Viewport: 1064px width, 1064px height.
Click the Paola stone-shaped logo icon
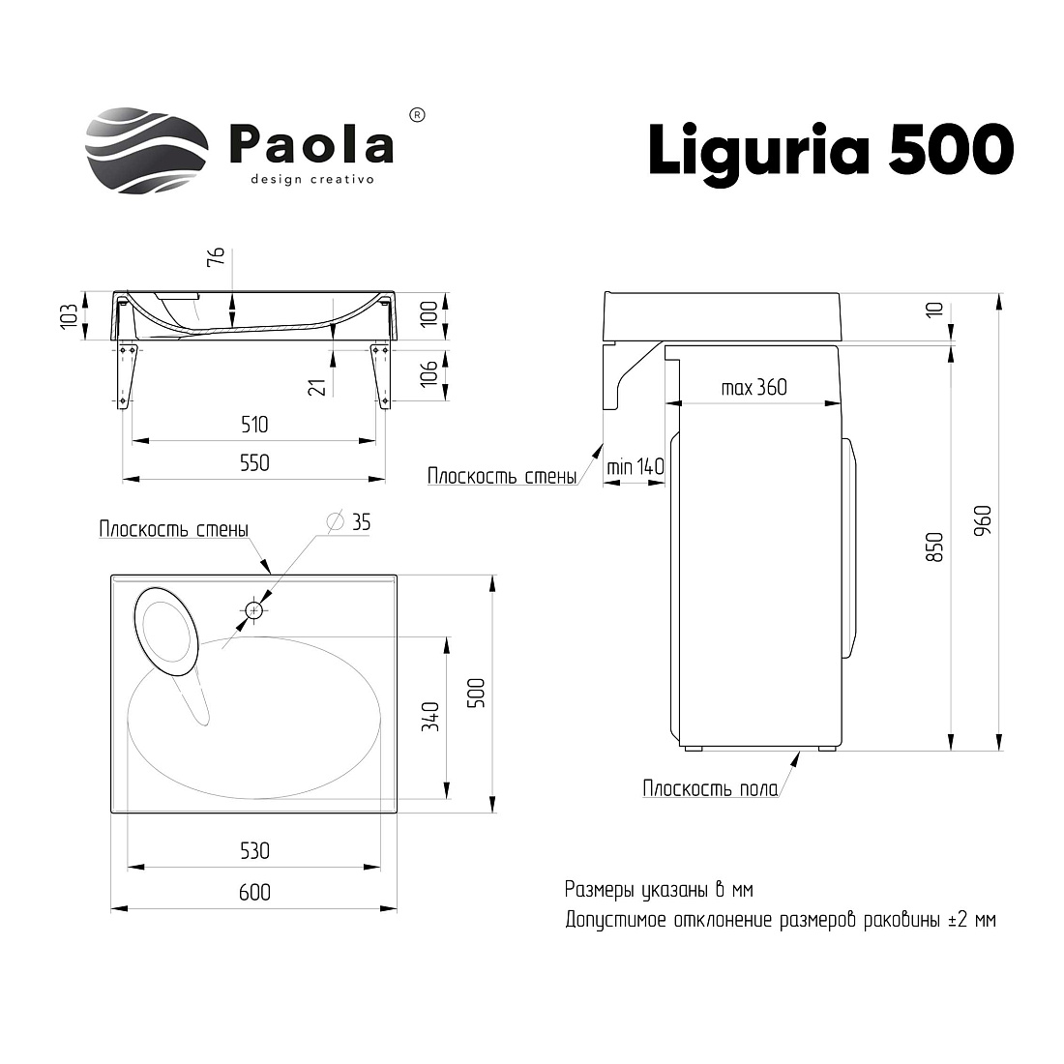pos(146,151)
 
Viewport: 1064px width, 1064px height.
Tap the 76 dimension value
pos(216,256)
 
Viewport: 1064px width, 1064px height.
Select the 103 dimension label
pos(70,317)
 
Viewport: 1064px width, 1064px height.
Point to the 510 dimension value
pos(254,425)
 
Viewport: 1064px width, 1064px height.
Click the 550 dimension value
pos(254,462)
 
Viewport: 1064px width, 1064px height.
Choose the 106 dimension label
pos(429,373)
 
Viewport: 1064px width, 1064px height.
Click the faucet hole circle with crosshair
pos(254,610)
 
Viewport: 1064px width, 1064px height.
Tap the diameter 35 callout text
pos(349,521)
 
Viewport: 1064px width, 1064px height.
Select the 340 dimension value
pos(430,717)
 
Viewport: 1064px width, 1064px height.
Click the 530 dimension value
pos(254,851)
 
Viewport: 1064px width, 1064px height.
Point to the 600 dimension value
pos(254,893)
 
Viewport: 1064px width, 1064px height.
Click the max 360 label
pos(754,388)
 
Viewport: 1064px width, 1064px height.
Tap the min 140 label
pos(635,467)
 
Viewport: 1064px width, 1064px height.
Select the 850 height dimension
pos(934,547)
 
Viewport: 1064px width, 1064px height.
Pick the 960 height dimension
pos(983,520)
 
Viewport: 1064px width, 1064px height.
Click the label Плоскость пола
pos(711,788)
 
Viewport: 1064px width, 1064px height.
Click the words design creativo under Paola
pos(312,180)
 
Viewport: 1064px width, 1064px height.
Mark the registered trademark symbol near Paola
pos(418,115)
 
